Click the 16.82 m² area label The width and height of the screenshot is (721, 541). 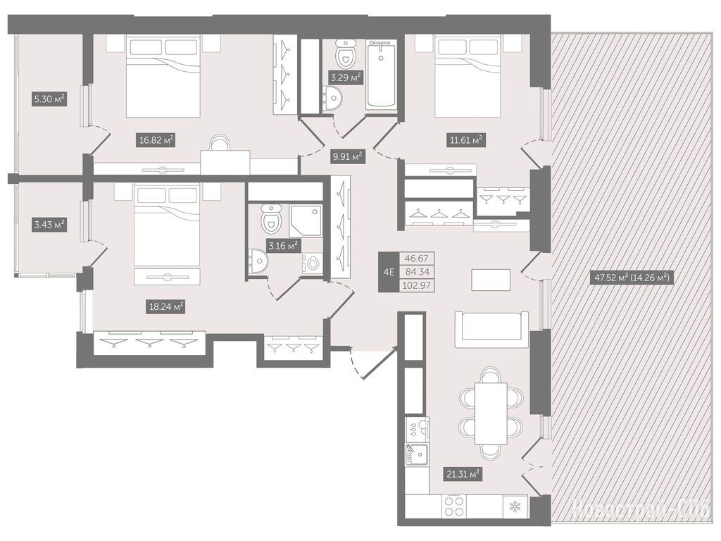tap(156, 140)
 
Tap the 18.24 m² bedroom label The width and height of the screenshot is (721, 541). tap(166, 306)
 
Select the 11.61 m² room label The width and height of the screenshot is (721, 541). tap(466, 140)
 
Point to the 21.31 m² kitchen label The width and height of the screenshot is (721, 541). tap(463, 473)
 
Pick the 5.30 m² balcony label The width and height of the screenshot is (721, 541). tap(49, 99)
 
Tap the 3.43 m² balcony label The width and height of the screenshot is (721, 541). tap(49, 225)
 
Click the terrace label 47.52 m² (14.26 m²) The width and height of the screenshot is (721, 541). tap(632, 278)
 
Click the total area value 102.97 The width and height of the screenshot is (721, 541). tap(417, 285)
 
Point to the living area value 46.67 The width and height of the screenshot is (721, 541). tap(417, 259)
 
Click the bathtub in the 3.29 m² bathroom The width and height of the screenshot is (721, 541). tap(381, 75)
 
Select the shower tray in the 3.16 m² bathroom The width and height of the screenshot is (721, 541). tap(306, 220)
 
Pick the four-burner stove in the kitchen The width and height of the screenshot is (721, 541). tap(454, 506)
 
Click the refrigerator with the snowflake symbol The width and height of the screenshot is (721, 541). tap(515, 507)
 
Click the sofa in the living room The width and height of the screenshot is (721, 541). tap(491, 330)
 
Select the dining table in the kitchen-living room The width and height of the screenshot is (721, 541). tap(491, 413)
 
